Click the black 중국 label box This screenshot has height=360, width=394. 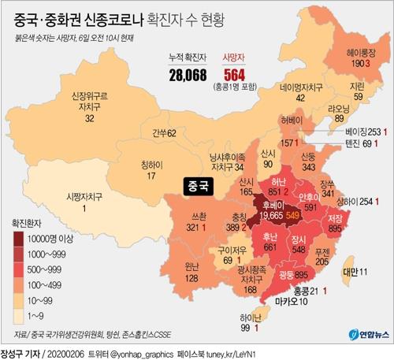(194, 187)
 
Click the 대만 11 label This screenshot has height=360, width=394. (352, 272)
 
